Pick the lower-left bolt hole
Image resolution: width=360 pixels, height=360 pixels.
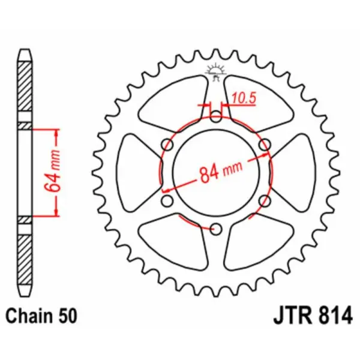point(167,200)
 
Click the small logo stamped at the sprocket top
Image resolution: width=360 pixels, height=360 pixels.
point(215,71)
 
